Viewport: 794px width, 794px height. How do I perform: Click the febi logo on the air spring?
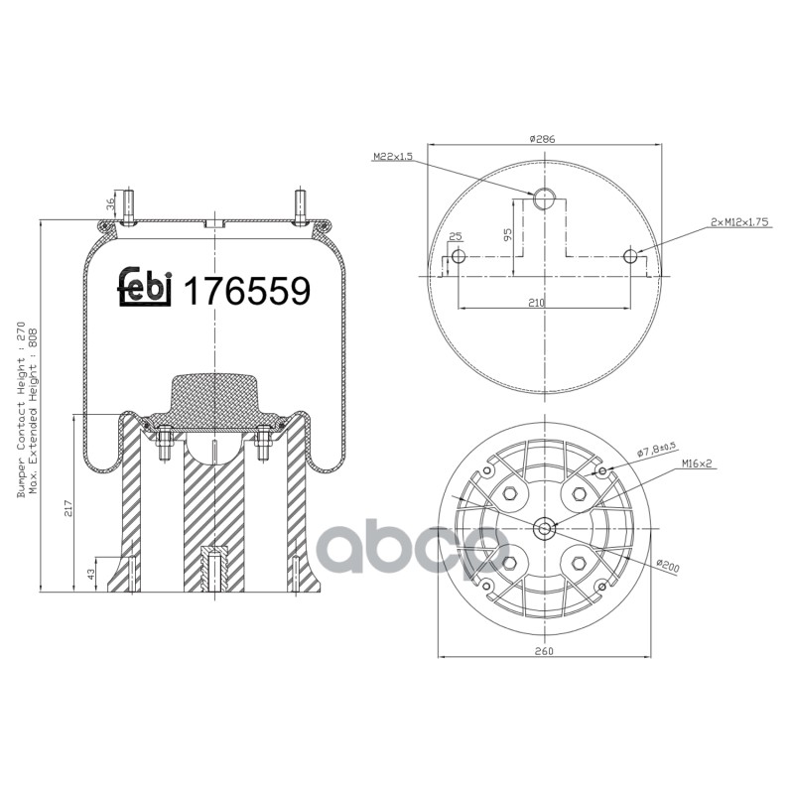pos(146,287)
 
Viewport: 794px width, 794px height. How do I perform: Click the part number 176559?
pos(246,291)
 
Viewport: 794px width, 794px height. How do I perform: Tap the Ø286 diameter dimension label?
pos(542,138)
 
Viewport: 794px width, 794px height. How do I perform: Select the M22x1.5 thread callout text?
pos(393,157)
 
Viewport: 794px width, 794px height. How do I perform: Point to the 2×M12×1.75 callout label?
pos(739,221)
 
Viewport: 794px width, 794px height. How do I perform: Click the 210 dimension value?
pos(536,303)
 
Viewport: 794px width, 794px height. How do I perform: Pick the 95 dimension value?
pos(508,233)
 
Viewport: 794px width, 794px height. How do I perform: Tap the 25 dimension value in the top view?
pos(456,236)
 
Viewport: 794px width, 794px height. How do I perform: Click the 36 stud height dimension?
pos(110,205)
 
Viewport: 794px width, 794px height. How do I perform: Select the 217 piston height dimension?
pos(68,508)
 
